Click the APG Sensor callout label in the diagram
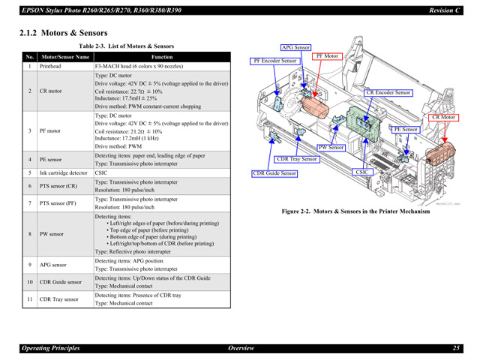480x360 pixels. pos(295,47)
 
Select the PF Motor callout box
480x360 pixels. pos(328,56)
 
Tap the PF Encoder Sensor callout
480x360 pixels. pos(275,61)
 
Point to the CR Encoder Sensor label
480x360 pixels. pos(388,92)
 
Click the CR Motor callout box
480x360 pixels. pos(443,117)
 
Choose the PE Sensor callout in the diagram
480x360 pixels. pos(406,129)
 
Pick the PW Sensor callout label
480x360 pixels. pos(331,148)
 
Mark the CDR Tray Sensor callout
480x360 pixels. pos(298,159)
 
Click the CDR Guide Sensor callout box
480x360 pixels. pos(274,173)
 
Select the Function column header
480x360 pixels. pos(161,57)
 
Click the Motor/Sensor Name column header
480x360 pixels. pos(65,57)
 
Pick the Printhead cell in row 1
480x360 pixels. pos(51,67)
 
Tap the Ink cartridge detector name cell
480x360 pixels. pos(64,172)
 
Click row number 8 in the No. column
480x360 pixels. pos(30,234)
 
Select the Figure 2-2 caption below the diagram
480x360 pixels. pos(355,211)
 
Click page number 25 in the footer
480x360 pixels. pos(456,348)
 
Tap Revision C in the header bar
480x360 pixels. pos(444,10)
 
